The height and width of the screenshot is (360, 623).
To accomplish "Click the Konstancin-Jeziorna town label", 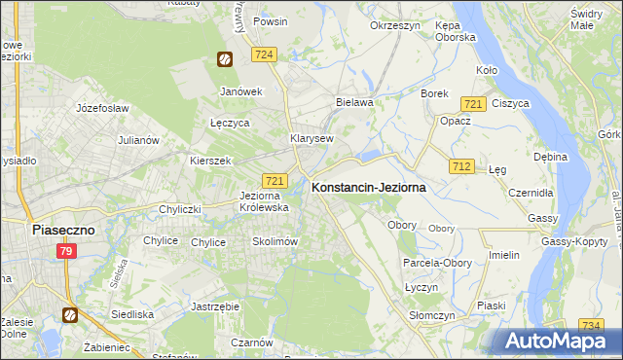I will (x=368, y=188).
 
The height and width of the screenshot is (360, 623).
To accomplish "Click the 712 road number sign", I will (x=461, y=167).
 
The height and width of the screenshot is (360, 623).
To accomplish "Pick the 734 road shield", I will (x=590, y=325).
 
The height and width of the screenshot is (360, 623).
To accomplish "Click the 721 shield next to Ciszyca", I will (x=474, y=104).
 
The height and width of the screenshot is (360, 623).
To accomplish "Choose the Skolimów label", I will (x=275, y=241).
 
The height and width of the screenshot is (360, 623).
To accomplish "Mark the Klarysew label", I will (x=311, y=138).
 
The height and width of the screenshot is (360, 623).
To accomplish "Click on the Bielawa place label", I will (x=353, y=101).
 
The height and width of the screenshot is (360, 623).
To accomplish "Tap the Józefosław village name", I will (x=102, y=108).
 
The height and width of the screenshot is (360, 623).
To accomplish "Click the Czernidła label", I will (x=531, y=193).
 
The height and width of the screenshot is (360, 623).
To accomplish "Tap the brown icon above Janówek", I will (x=225, y=59).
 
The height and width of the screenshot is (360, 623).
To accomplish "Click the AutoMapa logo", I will (x=552, y=341).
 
